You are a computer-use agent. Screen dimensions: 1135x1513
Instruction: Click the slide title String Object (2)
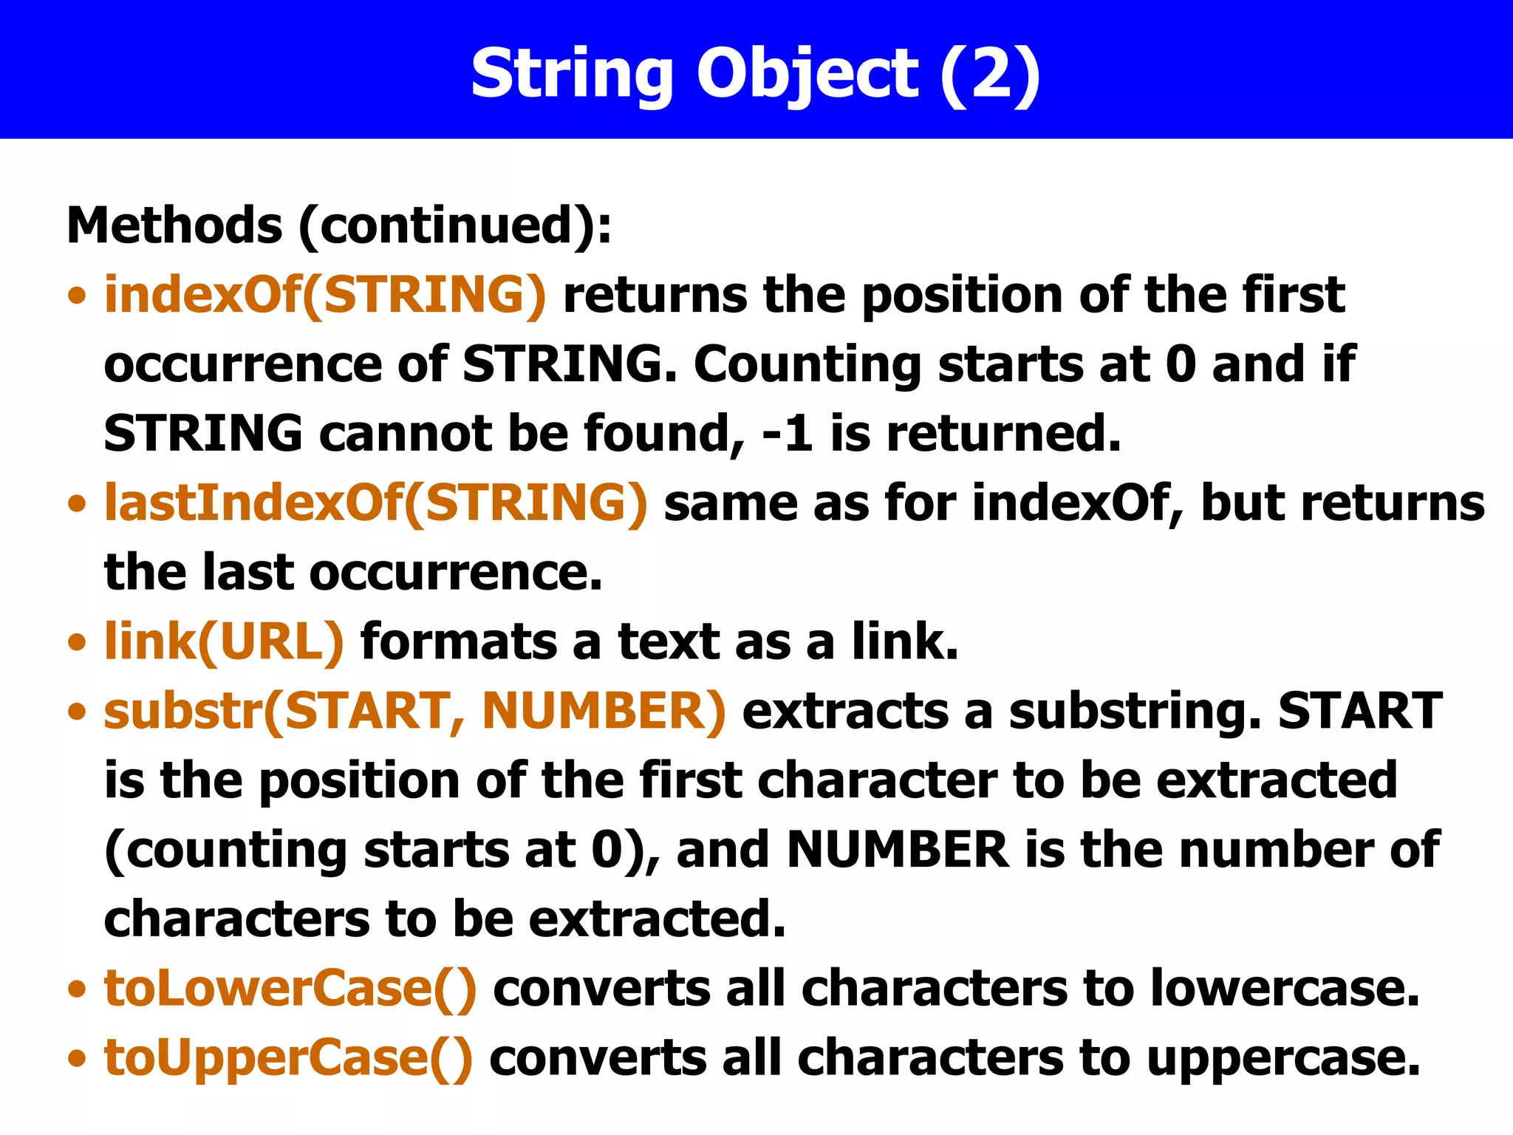pos(756,74)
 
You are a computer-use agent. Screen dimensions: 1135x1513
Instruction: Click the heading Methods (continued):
pos(339,225)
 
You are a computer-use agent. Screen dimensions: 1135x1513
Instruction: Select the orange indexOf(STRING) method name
pos(325,295)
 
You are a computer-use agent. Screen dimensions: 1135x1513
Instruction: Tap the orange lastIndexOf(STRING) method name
pos(375,503)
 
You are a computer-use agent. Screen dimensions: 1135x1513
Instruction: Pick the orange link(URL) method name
pos(224,641)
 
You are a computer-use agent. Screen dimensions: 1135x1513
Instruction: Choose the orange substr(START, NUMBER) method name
pos(414,711)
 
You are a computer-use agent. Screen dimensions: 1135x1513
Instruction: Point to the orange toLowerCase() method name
pos(290,988)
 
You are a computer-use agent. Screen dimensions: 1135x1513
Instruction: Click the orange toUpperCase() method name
pos(288,1057)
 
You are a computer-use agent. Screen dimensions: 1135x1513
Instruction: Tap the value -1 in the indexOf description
pos(788,434)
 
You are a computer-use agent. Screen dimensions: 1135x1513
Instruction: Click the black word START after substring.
pos(1360,711)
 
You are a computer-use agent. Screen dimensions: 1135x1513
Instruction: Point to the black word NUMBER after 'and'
pos(898,850)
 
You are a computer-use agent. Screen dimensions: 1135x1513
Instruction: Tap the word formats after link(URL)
pos(459,641)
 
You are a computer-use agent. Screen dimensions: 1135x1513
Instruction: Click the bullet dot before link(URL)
pos(76,642)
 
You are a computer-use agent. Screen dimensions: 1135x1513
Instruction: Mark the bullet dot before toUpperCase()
pos(76,1059)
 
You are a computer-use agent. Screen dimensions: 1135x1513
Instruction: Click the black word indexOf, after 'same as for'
pos(1078,503)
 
